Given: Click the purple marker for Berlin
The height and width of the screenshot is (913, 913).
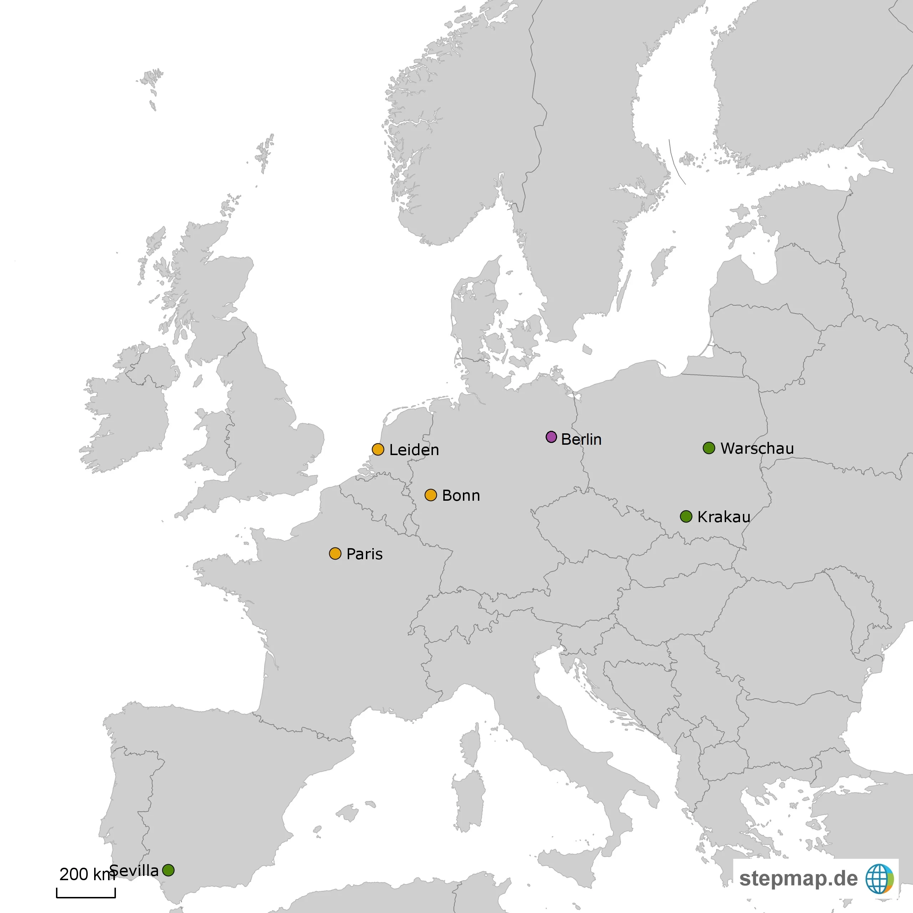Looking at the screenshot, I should [551, 437].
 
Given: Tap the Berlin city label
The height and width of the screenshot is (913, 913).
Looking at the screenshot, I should [581, 439].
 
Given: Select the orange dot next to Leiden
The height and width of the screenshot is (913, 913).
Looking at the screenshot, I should [378, 449].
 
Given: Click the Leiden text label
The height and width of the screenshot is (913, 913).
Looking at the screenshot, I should [414, 450].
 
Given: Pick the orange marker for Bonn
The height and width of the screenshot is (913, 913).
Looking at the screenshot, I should [430, 495].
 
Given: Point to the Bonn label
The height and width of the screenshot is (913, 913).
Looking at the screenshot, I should [461, 495].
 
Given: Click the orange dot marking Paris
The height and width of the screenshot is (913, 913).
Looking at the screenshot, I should [335, 554].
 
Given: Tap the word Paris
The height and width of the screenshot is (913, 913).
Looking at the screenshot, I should [364, 554].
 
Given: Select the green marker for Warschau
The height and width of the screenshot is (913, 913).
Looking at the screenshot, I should [709, 448].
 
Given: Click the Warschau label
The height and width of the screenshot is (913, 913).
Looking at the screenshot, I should [757, 448].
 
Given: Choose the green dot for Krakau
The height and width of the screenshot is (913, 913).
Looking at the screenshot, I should [686, 516].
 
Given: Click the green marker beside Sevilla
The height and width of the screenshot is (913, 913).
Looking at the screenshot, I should [168, 870].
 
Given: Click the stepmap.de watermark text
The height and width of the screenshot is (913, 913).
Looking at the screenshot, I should [798, 878].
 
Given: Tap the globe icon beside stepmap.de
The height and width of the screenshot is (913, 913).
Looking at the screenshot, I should [879, 878].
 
